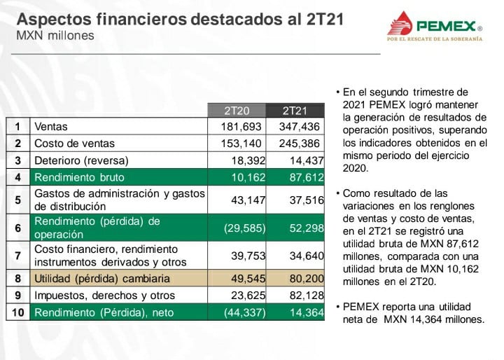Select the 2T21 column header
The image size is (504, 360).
pos(296,111)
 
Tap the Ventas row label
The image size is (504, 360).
pos(50,127)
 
